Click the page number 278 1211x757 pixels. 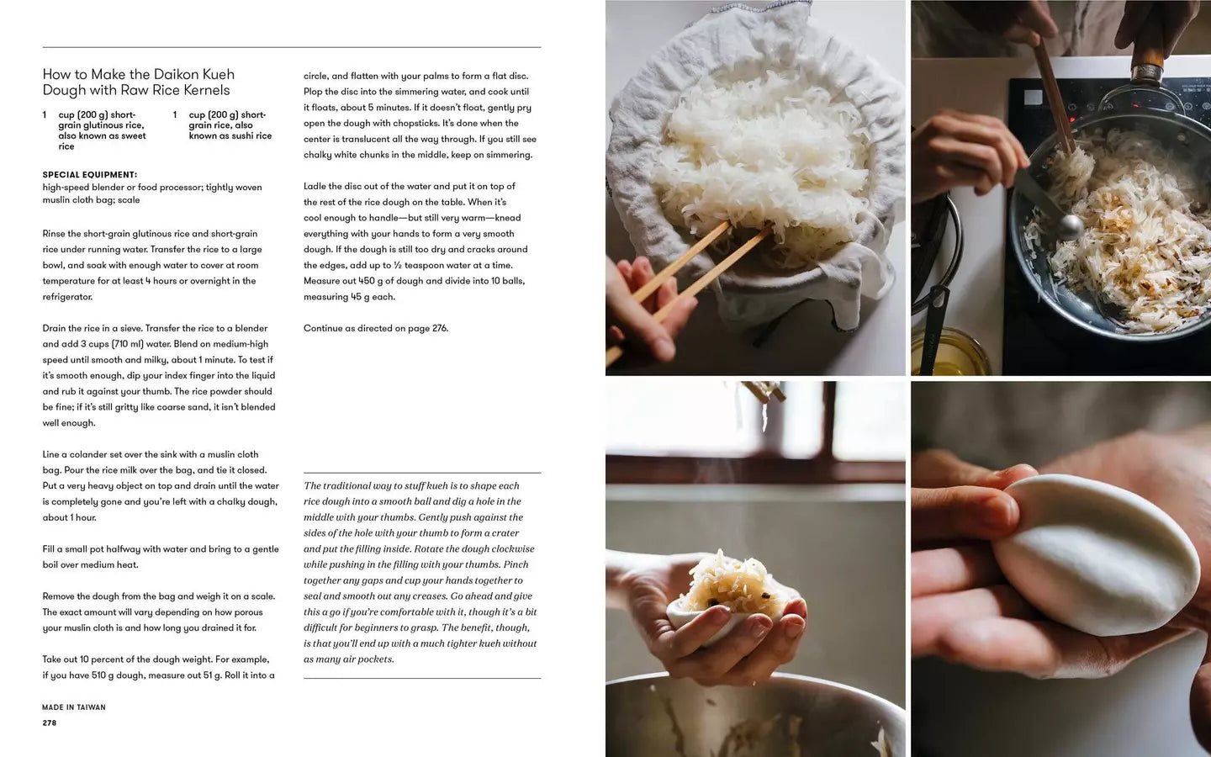tap(49, 723)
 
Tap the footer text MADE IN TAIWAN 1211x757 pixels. tap(74, 707)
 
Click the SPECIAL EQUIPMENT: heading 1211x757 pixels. tap(90, 175)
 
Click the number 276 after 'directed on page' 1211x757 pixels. tap(440, 328)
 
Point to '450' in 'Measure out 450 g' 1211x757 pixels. tap(367, 281)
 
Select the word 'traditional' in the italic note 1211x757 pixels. tap(346, 485)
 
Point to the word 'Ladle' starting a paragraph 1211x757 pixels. tap(315, 187)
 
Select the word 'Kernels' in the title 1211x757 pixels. tap(207, 90)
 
